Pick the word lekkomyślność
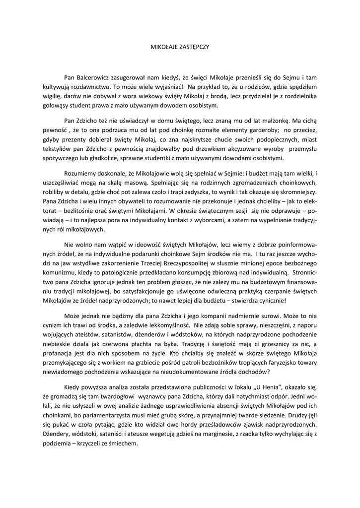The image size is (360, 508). click(168, 324)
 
